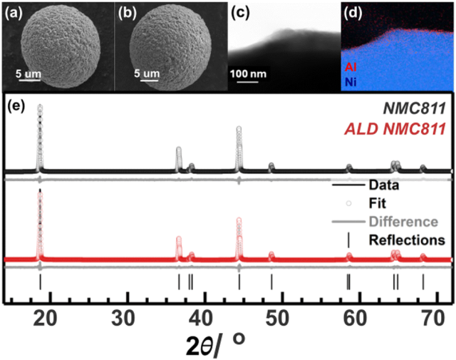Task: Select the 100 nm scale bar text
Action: (247, 73)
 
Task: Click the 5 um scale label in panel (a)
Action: (28, 73)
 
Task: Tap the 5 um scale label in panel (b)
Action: (145, 73)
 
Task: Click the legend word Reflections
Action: (408, 239)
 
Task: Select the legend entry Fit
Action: (378, 204)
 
